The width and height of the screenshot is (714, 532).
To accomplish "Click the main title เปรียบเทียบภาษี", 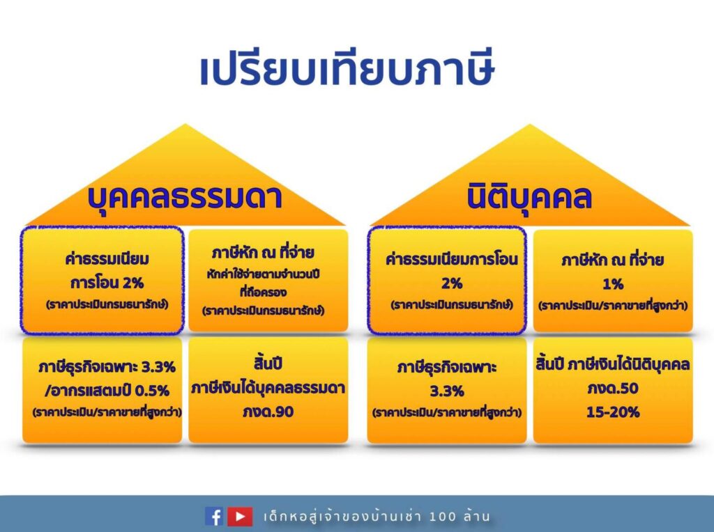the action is pos(347,70).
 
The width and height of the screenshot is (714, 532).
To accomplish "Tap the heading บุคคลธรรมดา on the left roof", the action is pos(184,197).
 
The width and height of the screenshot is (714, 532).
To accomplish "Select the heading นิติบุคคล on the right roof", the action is pos(529,196).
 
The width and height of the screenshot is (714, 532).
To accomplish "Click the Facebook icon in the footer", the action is pos(214,517).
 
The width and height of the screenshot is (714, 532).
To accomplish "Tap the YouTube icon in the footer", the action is pos(240,517).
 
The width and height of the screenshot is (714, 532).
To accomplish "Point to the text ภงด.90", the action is pos(268,412).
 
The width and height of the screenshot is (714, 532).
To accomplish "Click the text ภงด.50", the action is pos(612,389).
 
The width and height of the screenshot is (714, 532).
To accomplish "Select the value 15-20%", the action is pos(613,412).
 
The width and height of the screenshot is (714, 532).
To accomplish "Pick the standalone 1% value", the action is pos(613,284).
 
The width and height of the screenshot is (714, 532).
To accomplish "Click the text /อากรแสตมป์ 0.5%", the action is pos(107,391).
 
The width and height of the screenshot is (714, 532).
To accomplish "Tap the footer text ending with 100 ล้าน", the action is pos(377,516).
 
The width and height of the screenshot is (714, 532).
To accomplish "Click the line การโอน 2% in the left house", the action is pos(107,283).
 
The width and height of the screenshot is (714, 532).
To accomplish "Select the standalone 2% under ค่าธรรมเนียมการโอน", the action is pos(452,283).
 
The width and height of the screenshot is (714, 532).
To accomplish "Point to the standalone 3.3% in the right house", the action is pos(447,391).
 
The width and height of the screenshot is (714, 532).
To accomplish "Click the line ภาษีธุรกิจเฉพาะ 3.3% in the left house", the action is pos(107,366).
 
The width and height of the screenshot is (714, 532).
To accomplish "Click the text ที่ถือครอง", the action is pos(263,292).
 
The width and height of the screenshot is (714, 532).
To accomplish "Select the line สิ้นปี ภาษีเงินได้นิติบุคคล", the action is pos(613,363).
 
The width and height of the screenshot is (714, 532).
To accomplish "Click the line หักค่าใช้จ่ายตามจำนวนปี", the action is pos(263,274).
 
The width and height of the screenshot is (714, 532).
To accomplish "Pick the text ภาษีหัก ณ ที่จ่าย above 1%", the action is pos(612,260).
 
